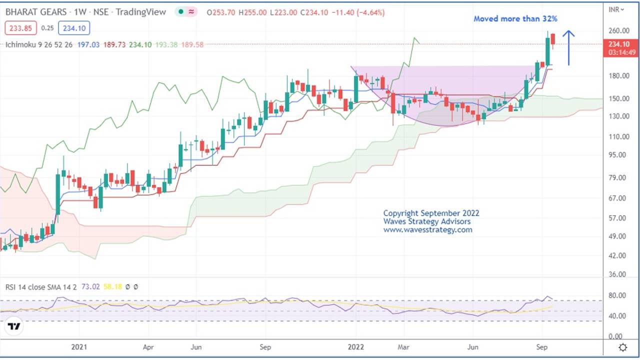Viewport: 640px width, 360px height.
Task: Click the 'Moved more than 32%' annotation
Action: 515,19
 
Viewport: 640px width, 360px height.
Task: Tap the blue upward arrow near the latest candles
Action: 568,47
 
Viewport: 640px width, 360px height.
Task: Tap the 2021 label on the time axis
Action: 79,346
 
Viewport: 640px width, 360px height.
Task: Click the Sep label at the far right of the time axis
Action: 542,346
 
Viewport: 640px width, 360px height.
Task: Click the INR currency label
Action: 614,9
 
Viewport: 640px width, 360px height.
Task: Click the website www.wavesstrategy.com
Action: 427,230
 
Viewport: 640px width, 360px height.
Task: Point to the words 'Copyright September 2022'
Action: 431,213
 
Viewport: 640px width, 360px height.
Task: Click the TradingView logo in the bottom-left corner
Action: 14,327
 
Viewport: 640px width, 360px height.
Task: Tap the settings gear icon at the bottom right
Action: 623,347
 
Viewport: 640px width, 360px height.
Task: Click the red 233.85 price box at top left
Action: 19,28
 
